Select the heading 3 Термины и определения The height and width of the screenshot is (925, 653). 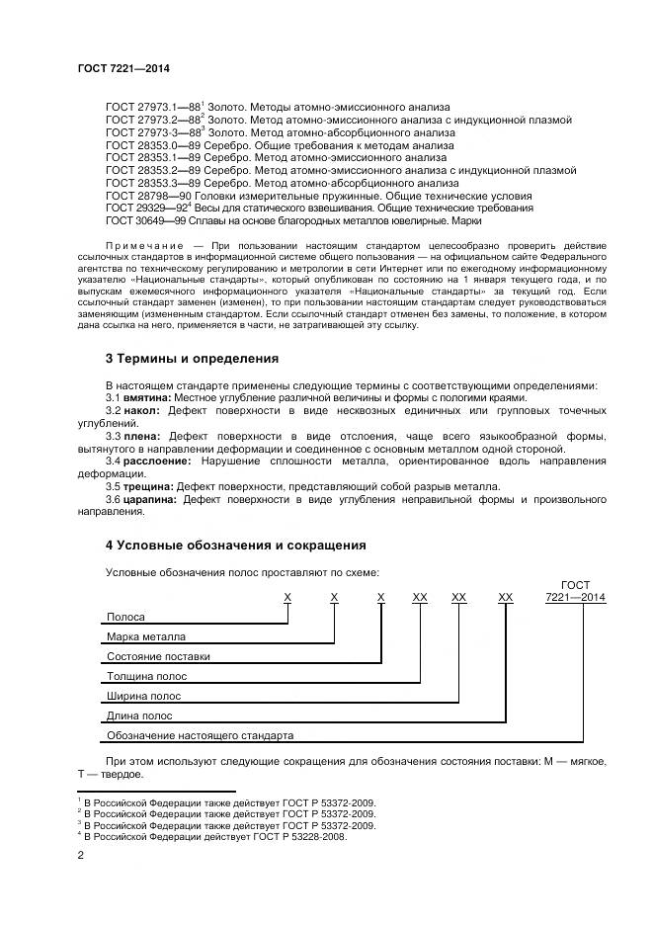click(192, 358)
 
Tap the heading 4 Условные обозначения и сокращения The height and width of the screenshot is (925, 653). click(235, 545)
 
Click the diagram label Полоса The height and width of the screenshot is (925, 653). click(125, 617)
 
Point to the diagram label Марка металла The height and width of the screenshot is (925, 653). click(145, 636)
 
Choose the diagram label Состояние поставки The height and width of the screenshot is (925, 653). click(158, 656)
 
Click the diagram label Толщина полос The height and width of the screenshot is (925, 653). click(146, 677)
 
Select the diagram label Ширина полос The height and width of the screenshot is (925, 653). click(142, 697)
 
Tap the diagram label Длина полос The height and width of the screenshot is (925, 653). click(139, 716)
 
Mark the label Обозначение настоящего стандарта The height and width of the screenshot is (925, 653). click(200, 736)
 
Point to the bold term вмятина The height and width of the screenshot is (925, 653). click(144, 397)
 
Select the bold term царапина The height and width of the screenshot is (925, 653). click(149, 500)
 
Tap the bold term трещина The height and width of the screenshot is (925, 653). click(145, 486)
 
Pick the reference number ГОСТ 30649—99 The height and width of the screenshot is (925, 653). click(145, 221)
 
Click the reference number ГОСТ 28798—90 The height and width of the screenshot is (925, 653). click(145, 196)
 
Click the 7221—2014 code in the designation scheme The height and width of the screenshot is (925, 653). click(575, 598)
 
